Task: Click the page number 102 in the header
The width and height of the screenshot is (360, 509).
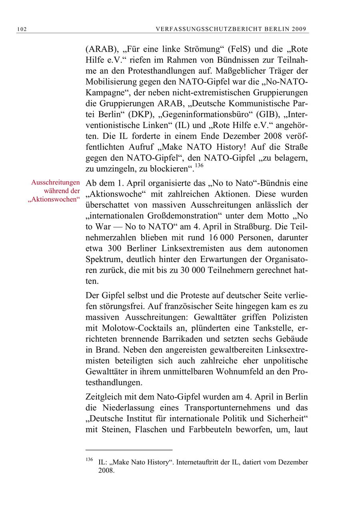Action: click(22, 29)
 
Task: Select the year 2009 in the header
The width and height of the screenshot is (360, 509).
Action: click(299, 29)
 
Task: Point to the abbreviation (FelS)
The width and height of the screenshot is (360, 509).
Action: click(239, 50)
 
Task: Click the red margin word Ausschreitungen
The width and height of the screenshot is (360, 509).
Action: click(56, 183)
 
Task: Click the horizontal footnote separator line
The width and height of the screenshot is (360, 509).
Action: click(129, 450)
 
